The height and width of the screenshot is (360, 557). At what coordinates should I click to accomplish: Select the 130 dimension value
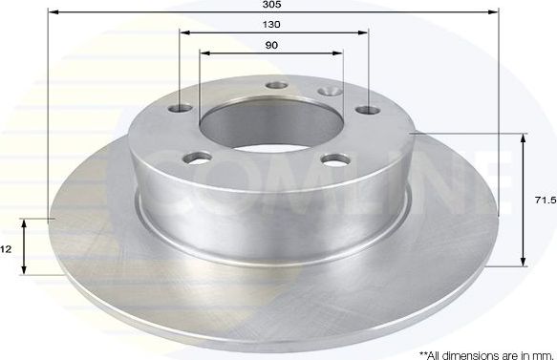point(273,23)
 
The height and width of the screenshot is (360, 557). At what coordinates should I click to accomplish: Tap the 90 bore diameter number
point(273,46)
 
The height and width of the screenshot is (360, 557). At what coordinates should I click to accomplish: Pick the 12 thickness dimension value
point(6,248)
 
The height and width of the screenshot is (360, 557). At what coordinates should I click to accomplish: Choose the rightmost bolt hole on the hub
point(366,111)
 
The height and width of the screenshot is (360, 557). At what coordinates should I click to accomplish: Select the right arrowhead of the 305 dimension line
point(496,11)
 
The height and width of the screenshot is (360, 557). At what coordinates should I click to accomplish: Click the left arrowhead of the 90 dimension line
point(203,53)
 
